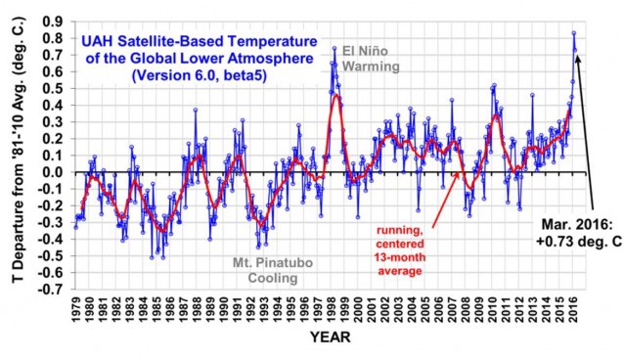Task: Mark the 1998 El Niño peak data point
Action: [x=334, y=48]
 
